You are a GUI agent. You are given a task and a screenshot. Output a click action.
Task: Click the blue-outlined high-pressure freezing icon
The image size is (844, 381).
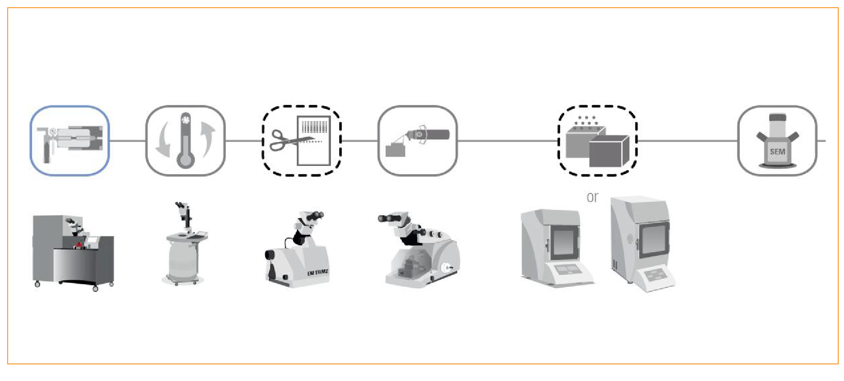(70, 141)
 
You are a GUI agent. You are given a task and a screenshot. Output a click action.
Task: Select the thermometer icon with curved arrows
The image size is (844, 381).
(185, 141)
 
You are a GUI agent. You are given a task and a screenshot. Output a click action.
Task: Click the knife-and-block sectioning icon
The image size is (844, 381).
(417, 141)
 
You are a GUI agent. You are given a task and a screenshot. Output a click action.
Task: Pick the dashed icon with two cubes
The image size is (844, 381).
(597, 141)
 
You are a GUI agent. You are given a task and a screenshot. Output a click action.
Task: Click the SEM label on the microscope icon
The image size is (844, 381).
(777, 152)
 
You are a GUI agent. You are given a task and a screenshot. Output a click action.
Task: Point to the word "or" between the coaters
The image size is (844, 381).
(592, 197)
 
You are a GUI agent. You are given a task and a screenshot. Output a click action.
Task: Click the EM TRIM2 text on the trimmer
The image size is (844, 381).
(318, 272)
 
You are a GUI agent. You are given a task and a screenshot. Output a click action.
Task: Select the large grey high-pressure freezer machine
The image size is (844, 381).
(73, 252)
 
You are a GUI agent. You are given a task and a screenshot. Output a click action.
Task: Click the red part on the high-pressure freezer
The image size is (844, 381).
(79, 244)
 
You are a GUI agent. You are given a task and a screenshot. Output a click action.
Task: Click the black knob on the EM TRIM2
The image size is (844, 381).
(270, 255)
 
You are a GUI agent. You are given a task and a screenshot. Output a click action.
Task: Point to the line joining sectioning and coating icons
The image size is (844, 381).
(507, 141)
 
